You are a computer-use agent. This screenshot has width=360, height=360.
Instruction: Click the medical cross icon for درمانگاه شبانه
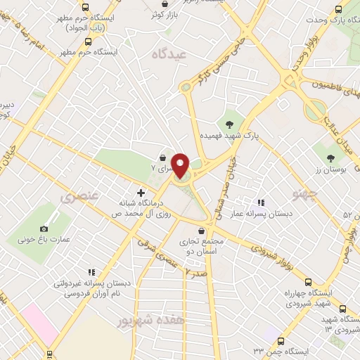tap(141, 192)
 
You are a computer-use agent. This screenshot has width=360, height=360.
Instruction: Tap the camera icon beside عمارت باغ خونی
tap(44, 229)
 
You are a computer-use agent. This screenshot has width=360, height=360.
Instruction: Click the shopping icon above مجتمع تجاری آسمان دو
tap(202, 231)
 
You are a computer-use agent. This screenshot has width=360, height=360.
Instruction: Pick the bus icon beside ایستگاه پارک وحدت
tap(339, 9)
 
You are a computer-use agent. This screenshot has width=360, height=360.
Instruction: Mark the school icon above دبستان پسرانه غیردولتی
tap(90, 272)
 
